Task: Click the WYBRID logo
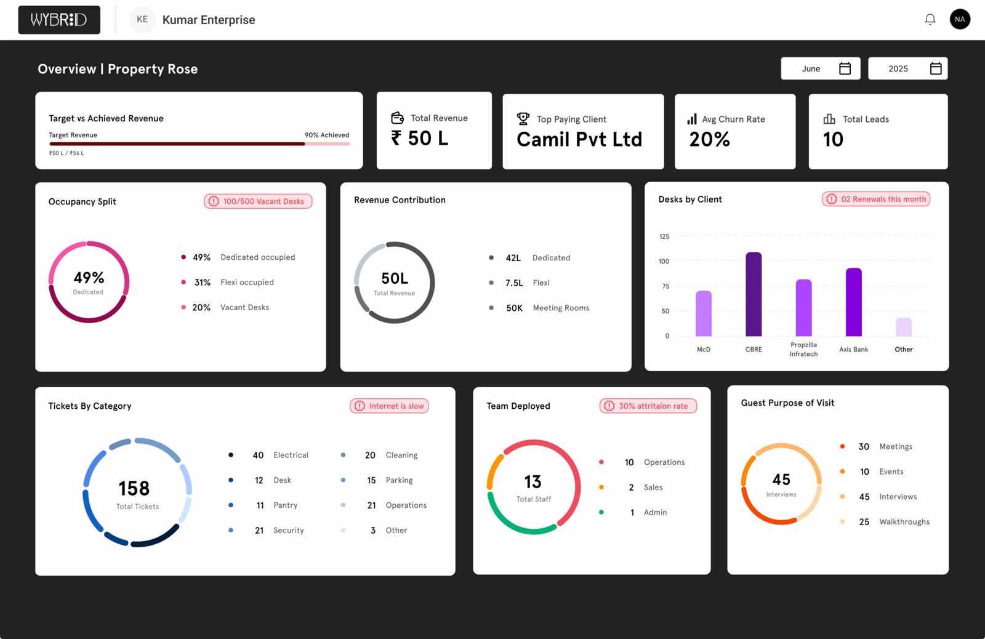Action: click(x=59, y=20)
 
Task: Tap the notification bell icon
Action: click(x=930, y=20)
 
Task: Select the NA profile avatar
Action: click(x=960, y=19)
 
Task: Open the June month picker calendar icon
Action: click(x=845, y=68)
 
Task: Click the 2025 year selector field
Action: click(x=907, y=68)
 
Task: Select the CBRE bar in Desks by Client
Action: click(x=754, y=294)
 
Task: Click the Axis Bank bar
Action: click(x=853, y=302)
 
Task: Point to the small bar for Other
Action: click(x=903, y=327)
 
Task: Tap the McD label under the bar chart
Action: click(x=704, y=350)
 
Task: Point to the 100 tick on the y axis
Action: click(x=664, y=262)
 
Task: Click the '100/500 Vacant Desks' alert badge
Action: click(x=258, y=201)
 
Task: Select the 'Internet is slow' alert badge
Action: click(x=389, y=406)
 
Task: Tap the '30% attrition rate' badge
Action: click(x=648, y=406)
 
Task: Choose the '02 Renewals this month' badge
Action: click(x=876, y=199)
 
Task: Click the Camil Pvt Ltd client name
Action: click(x=579, y=140)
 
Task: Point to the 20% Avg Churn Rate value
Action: click(x=709, y=140)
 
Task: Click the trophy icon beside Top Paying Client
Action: click(x=523, y=118)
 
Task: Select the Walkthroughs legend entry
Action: click(x=904, y=522)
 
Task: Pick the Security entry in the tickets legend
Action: click(x=288, y=531)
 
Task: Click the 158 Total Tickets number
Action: click(x=134, y=489)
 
